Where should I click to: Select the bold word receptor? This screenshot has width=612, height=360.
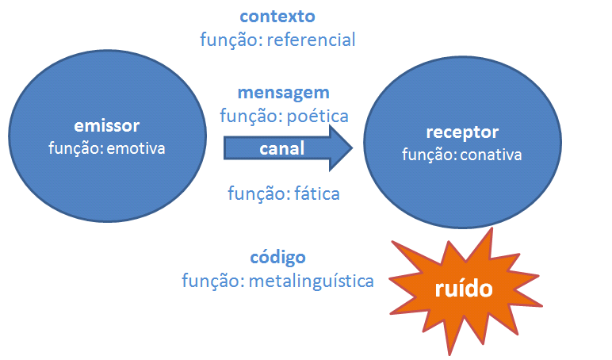tap(462, 132)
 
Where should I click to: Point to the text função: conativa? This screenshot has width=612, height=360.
tap(462, 154)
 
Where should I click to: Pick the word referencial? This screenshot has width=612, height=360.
tap(311, 39)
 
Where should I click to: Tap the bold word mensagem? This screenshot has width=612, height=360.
tap(284, 93)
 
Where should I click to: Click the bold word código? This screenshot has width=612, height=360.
tap(277, 258)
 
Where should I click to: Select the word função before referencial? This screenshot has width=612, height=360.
tap(230, 39)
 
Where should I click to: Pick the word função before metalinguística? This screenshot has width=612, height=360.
tap(211, 280)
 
